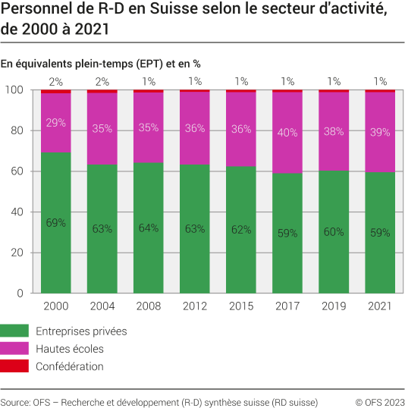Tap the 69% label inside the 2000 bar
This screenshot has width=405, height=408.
pyautogui.click(x=56, y=223)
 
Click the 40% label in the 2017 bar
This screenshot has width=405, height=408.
pyautogui.click(x=287, y=133)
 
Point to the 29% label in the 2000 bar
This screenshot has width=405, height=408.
pyautogui.click(x=56, y=122)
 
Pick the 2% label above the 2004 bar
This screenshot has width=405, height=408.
pyautogui.click(x=102, y=81)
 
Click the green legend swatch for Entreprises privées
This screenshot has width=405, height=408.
pyautogui.click(x=15, y=331)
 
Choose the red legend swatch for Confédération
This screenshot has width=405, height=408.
pyautogui.click(x=15, y=366)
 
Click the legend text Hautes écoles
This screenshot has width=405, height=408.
pyautogui.click(x=70, y=349)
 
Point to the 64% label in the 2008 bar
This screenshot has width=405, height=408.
pyautogui.click(x=149, y=228)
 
